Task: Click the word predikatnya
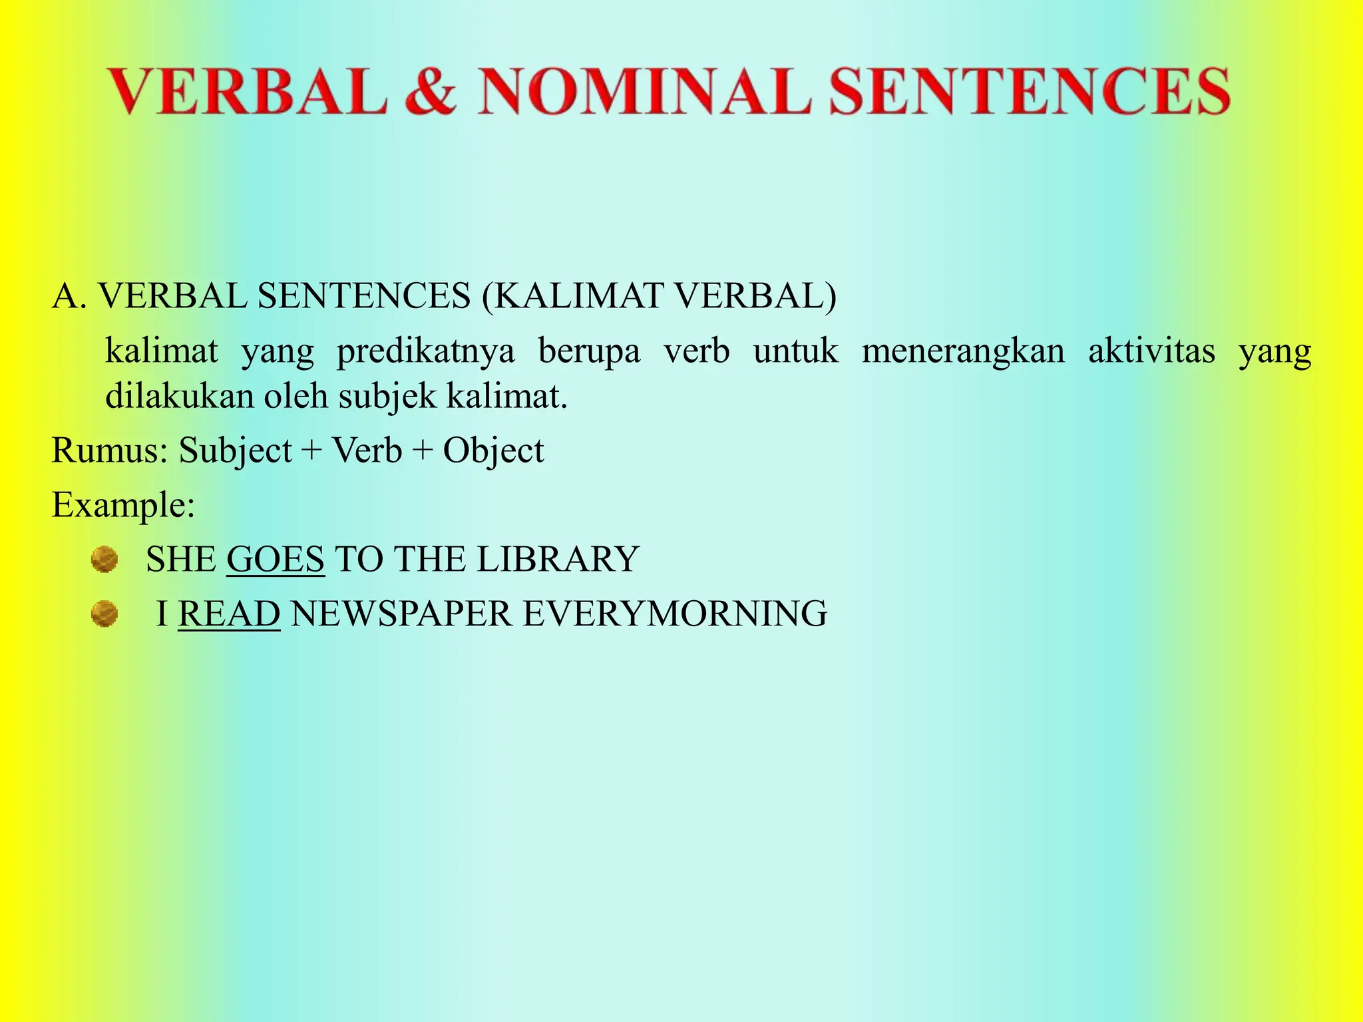(426, 351)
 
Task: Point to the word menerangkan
(963, 351)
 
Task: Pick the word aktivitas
(1151, 351)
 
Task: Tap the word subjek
(387, 397)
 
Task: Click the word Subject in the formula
(235, 451)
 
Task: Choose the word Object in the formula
(493, 451)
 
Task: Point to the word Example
(122, 505)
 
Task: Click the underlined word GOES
(276, 559)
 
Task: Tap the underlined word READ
(229, 613)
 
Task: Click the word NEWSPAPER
(401, 613)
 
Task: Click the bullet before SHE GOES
(104, 560)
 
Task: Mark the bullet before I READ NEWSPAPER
(104, 613)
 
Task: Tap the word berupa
(589, 352)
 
